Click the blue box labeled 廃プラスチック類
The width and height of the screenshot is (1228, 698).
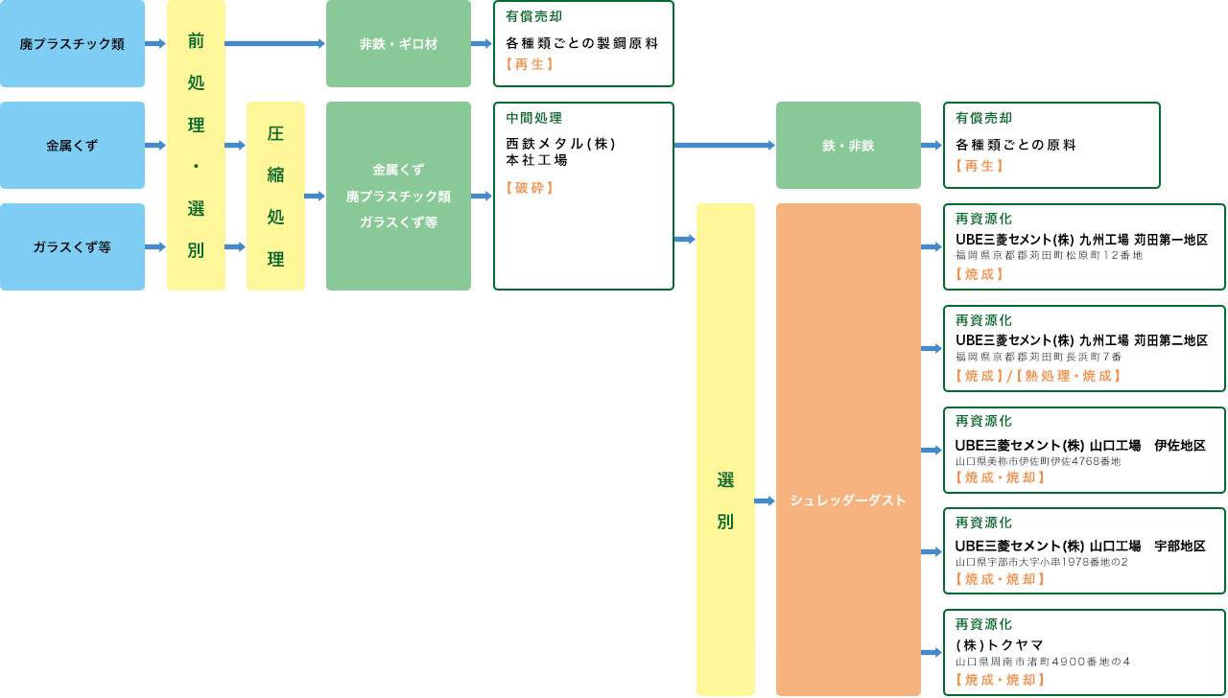coord(72,44)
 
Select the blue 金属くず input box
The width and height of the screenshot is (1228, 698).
coord(72,146)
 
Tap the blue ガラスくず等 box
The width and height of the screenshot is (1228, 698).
coord(72,247)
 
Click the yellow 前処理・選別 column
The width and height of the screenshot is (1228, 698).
coord(196,146)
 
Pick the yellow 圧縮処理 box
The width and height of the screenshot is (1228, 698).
coord(275,196)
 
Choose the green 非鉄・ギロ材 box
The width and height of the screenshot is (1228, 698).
coord(398,44)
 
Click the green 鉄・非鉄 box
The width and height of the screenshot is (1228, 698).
coord(848,146)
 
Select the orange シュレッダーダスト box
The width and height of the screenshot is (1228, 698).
coord(848,500)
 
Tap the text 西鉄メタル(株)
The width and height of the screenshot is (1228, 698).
coord(561,144)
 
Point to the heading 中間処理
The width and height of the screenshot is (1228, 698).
coord(534,118)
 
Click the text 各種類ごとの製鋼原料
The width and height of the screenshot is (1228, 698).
coord(582,44)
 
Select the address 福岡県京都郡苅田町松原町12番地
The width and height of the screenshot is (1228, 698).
coord(1049,256)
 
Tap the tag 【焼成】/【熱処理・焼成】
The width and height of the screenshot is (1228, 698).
coord(1038,376)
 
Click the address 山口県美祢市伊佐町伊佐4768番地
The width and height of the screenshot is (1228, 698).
coord(1038,461)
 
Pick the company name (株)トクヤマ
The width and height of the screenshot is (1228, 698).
coord(1000,645)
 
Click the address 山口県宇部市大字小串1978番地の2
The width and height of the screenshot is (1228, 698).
coord(1041,562)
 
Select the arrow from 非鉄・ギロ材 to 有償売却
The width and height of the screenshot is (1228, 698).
coord(482,44)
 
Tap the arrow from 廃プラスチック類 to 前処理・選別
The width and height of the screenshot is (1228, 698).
coord(155,44)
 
